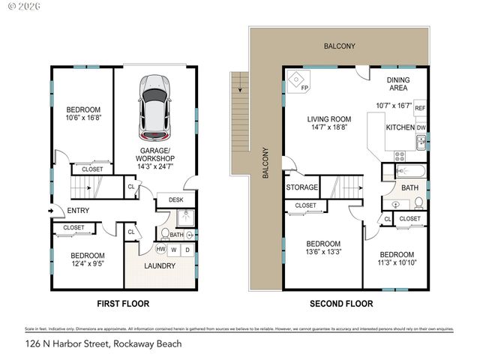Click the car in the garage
pos(154,107)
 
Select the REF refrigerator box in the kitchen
pos(420,107)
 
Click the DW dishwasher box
pos(421,128)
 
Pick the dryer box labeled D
pos(187,250)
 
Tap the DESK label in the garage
pos(176,199)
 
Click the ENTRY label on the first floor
pos(78,211)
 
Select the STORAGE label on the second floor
pos(301,187)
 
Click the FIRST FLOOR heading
pos(124,304)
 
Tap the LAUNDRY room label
pos(159,265)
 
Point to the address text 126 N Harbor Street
pos(103,344)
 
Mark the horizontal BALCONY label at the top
pos(340,46)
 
